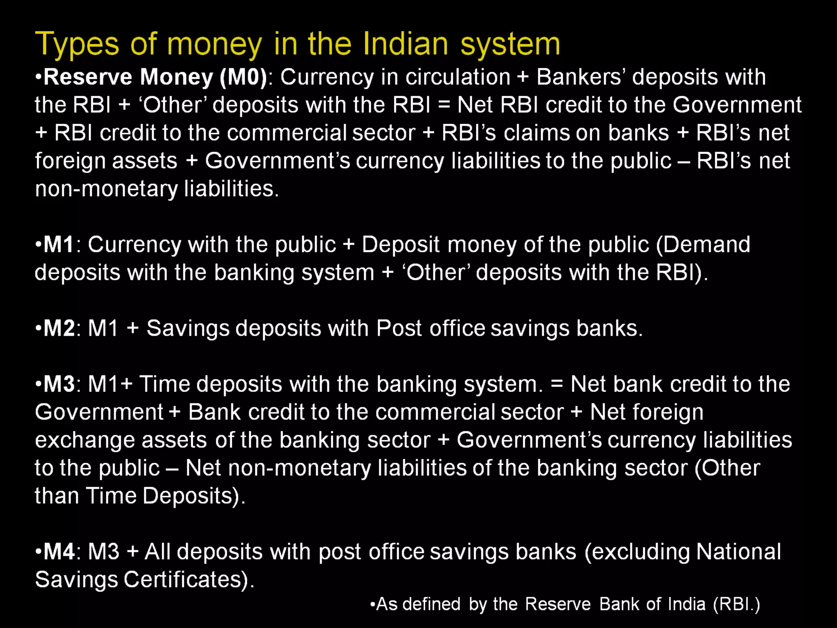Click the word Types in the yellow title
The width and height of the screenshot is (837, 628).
(77, 44)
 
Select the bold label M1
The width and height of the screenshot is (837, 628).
(58, 244)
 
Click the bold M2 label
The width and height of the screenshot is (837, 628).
(59, 328)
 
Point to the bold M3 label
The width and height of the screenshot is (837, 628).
(59, 384)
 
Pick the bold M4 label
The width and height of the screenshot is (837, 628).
(59, 552)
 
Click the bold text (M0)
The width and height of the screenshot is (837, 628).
(244, 77)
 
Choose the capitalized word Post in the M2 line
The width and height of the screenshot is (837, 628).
(398, 328)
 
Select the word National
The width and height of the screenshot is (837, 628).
(738, 552)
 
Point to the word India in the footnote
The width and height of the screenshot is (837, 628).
(688, 604)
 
